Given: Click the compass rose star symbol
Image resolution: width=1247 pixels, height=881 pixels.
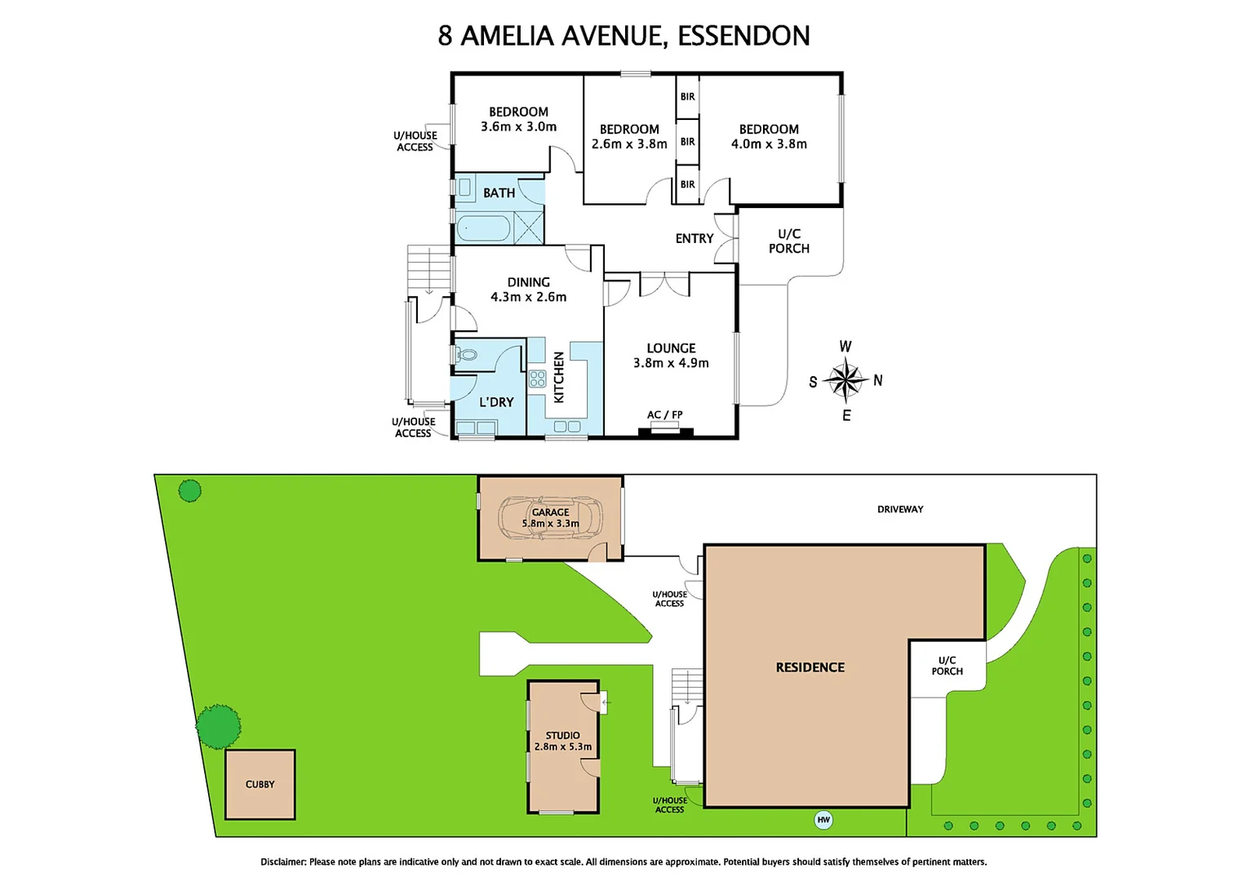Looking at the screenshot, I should click(x=845, y=380).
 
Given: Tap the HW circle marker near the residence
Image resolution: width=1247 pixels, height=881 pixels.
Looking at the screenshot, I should click(x=823, y=820).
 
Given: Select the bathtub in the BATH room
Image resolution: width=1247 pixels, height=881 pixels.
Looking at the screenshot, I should click(x=483, y=228).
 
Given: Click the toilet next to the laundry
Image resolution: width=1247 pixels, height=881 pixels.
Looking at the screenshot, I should click(x=467, y=355).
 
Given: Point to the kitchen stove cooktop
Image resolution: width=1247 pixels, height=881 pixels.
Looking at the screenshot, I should click(x=537, y=379).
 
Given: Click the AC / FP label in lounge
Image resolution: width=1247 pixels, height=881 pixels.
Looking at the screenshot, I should click(x=664, y=415).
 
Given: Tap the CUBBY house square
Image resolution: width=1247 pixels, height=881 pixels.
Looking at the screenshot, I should click(x=260, y=784).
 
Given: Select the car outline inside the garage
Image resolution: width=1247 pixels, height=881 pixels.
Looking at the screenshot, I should click(x=552, y=518).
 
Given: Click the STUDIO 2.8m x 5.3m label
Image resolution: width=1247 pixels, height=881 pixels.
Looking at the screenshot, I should click(x=563, y=741).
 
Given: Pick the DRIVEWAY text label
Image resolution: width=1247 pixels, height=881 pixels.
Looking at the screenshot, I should click(x=900, y=509).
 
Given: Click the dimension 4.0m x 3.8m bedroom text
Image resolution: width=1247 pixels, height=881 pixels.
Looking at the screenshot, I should click(x=769, y=144).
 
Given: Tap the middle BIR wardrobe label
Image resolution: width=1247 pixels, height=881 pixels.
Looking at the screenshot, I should click(x=688, y=141).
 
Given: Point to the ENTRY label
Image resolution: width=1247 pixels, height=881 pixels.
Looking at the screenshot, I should click(x=695, y=238).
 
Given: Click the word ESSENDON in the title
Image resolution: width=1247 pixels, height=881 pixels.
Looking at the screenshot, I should click(x=743, y=36).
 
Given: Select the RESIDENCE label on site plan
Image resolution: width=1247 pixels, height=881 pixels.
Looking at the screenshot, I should click(x=810, y=667).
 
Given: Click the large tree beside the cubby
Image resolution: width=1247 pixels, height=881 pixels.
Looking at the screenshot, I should click(x=219, y=726).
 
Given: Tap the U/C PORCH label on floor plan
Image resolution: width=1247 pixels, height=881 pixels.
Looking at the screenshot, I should click(x=789, y=241).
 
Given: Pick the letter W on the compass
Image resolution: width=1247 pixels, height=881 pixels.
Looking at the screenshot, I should click(x=845, y=347).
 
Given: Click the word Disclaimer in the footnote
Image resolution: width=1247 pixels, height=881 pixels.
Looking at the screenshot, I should click(x=283, y=861).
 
